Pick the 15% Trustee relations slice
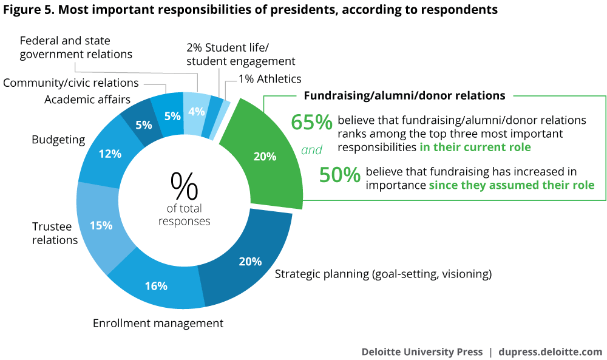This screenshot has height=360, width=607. click(101, 225)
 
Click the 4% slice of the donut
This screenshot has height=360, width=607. click(197, 111)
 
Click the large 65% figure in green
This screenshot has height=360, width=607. click(311, 123)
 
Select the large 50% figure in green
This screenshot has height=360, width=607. click(340, 175)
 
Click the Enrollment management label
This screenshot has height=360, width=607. click(158, 323)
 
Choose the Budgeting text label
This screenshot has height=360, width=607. click(58, 140)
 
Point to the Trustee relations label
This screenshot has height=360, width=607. click(55, 233)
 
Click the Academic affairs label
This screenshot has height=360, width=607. click(87, 100)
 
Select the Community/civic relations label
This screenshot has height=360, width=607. click(71, 83)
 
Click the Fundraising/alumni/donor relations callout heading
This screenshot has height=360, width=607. click(404, 95)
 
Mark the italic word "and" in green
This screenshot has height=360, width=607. click(311, 149)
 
